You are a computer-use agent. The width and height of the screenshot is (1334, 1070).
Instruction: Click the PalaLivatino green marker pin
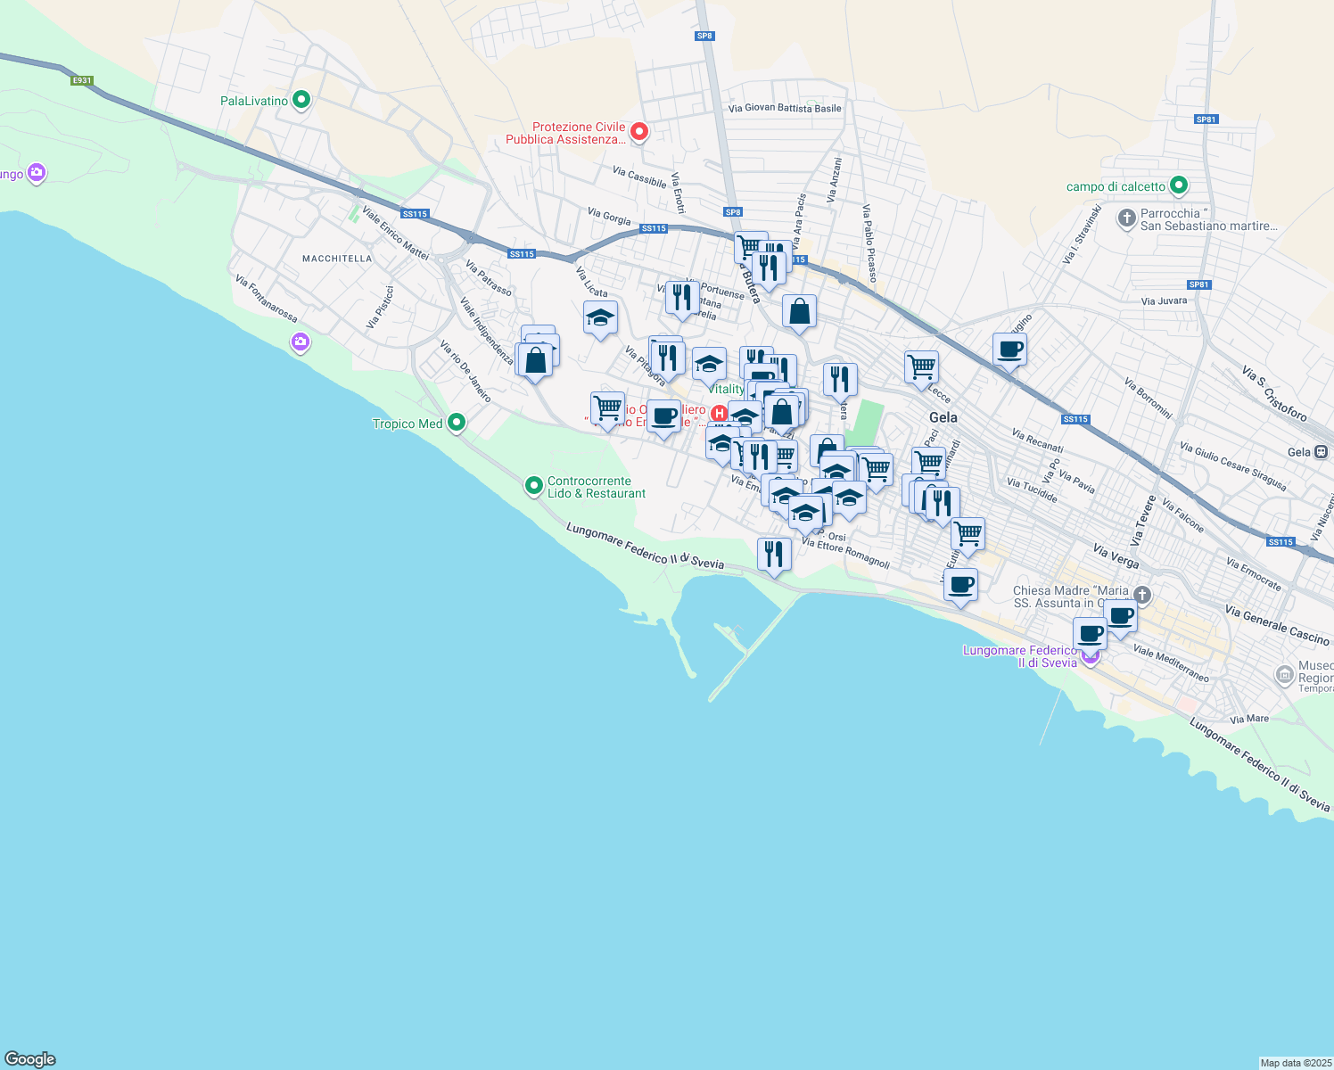pos(301,100)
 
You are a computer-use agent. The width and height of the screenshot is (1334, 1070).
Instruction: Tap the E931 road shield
pos(82,80)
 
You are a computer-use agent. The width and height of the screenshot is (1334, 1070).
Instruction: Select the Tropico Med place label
pos(408,424)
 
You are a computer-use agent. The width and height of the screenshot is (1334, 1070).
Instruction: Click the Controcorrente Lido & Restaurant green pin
pos(534,485)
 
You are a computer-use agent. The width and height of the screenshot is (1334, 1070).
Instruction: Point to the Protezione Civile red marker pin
pos(638,132)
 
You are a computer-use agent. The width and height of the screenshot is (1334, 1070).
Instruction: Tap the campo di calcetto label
pos(1116,186)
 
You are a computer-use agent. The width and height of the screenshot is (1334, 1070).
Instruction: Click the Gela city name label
pos(943,417)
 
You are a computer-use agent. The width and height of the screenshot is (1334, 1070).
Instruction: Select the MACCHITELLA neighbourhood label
pos(337,259)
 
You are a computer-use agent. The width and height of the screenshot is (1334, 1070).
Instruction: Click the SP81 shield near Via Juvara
pos(1199,285)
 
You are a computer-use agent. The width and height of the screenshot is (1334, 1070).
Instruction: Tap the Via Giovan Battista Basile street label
pos(785,108)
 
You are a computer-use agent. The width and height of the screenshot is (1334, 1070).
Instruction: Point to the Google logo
pos(30,1059)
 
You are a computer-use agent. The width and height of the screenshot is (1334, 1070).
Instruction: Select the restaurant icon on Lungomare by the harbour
pos(774,555)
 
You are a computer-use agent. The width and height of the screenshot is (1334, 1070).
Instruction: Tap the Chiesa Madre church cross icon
pos(1141,595)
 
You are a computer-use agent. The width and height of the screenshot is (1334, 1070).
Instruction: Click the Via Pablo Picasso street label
pos(869,243)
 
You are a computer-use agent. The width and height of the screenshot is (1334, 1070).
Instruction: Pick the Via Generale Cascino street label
pos(1277,624)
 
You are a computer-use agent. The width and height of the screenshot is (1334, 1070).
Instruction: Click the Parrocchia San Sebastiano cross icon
pos(1126,218)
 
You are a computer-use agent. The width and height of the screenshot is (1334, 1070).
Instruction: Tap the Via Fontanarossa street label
pos(267,298)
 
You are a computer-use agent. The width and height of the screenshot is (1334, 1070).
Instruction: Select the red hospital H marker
pos(719,412)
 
